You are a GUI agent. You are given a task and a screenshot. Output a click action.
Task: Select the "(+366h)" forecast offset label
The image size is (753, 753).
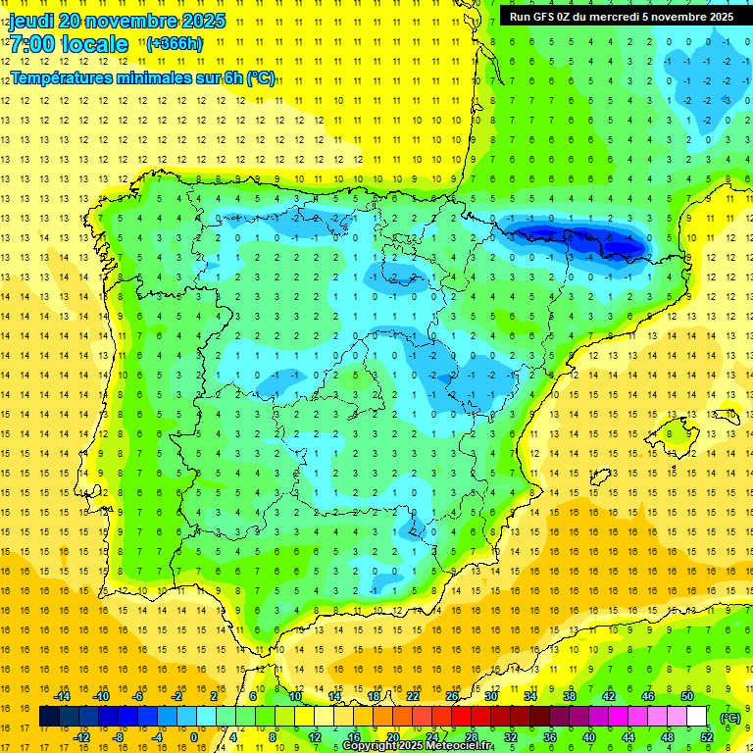pos(175,43)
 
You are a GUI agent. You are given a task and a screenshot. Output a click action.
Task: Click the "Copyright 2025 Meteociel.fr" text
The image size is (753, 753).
pos(418,746)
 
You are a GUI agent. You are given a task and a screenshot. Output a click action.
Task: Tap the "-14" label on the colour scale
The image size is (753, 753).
pos(63,696)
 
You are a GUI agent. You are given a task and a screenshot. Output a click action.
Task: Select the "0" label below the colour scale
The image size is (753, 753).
pos(193,737)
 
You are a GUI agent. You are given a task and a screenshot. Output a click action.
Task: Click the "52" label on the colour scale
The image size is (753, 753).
pos(707,737)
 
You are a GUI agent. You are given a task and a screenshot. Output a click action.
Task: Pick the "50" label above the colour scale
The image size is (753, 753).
pos(687,696)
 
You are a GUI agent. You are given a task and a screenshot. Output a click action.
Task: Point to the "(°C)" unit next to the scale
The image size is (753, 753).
pos(729,717)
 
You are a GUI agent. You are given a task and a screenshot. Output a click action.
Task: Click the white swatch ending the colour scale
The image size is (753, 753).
pos(697,717)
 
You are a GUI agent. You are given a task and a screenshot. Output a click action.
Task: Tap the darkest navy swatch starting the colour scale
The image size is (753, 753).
pos(49,717)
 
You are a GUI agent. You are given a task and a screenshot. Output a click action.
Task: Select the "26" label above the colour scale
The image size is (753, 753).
pos(453,696)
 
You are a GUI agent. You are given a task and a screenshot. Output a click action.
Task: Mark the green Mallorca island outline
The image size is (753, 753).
pos(677,433)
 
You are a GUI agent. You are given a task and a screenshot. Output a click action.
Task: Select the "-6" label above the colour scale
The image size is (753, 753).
pos(140,696)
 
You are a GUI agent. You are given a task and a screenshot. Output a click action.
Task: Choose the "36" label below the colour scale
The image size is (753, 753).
pos(550,737)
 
